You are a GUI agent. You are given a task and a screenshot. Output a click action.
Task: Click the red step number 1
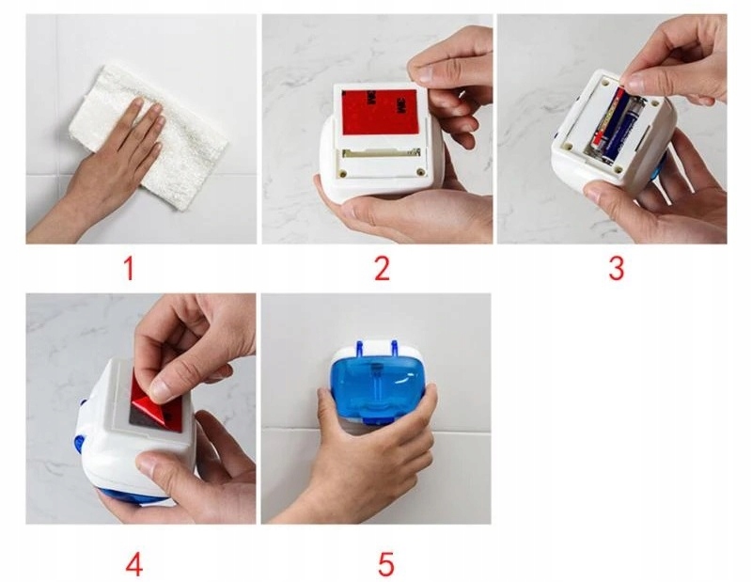tap(129, 269)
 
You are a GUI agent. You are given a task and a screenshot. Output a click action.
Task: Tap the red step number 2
tap(383, 269)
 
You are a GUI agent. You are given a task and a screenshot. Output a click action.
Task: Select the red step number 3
tap(617, 269)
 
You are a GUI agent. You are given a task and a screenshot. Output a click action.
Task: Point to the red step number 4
tap(134, 565)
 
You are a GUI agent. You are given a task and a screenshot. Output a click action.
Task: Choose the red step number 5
tap(386, 565)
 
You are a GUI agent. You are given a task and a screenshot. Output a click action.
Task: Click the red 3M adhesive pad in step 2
tap(380, 112)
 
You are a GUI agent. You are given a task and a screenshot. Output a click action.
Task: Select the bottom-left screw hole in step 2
tap(343, 173)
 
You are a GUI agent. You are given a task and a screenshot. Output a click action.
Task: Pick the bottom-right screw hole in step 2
tap(420, 171)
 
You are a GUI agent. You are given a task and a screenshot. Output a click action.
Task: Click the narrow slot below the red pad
tap(382, 153)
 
